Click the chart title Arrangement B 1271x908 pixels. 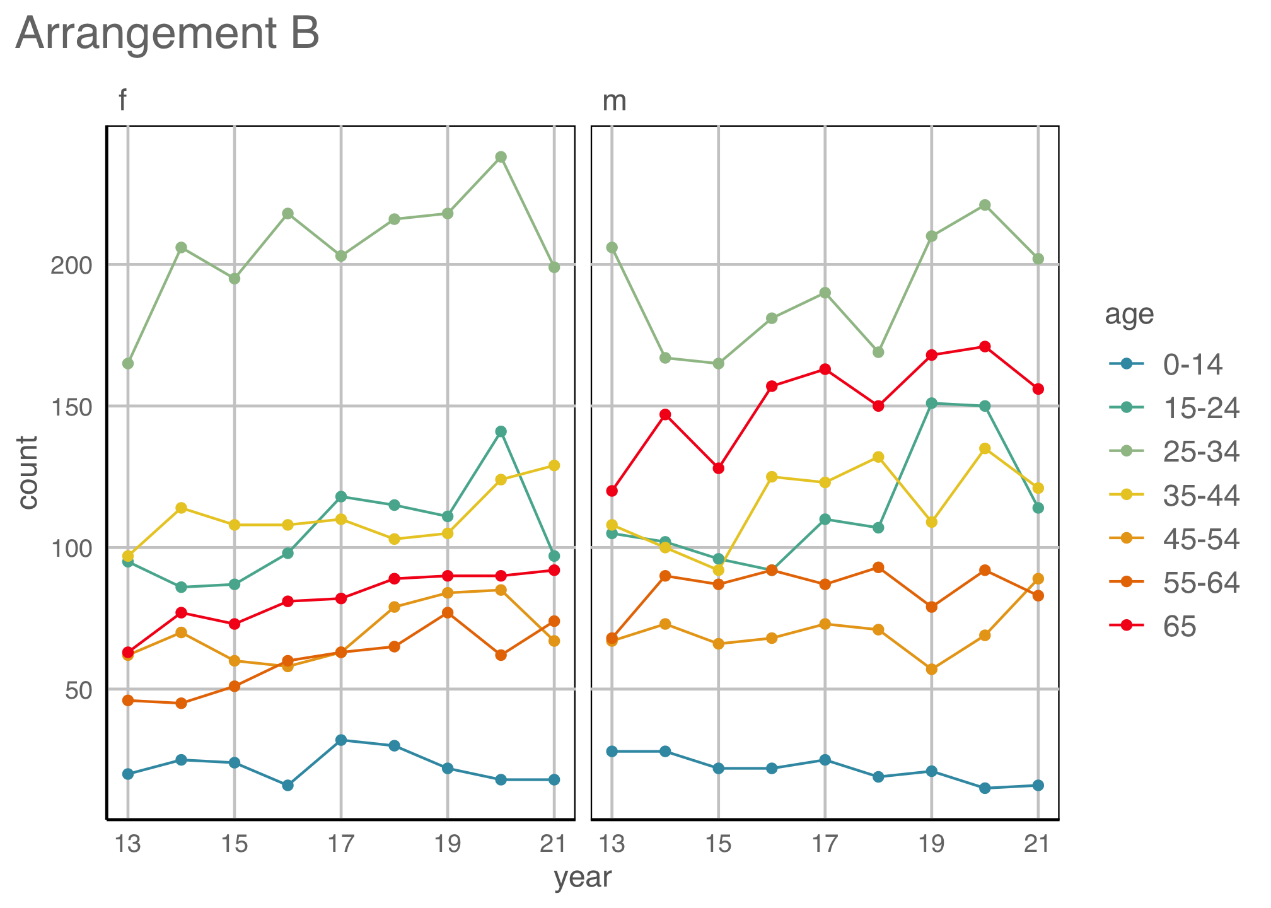point(168,34)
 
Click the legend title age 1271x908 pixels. point(1129,314)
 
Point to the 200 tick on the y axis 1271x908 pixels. point(71,265)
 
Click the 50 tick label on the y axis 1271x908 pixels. point(79,690)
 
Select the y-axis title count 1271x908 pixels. point(28,472)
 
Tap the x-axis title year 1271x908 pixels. point(583,877)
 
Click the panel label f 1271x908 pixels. point(123,101)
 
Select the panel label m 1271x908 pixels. point(615,101)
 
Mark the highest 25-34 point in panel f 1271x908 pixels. point(501,156)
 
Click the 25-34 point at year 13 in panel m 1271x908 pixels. point(612,248)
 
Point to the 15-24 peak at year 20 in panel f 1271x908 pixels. point(501,431)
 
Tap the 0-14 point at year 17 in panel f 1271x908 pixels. point(341,740)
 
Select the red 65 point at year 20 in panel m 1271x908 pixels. point(985,346)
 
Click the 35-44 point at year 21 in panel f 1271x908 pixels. point(554,465)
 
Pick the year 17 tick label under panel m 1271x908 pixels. point(825,843)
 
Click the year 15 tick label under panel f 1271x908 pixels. point(235,843)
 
